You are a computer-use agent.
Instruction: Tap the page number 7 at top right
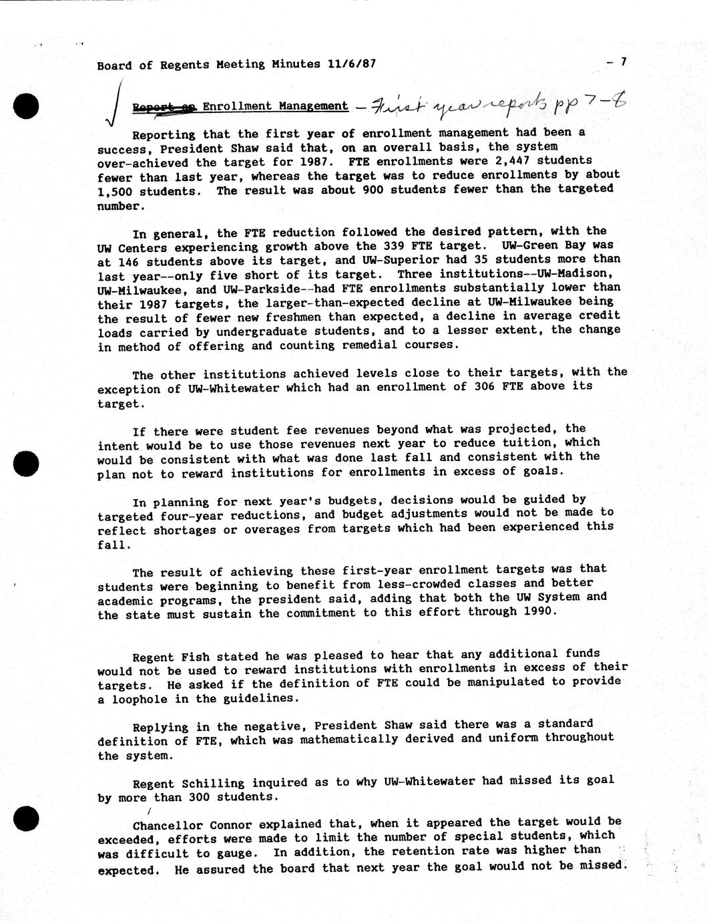click(623, 62)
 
